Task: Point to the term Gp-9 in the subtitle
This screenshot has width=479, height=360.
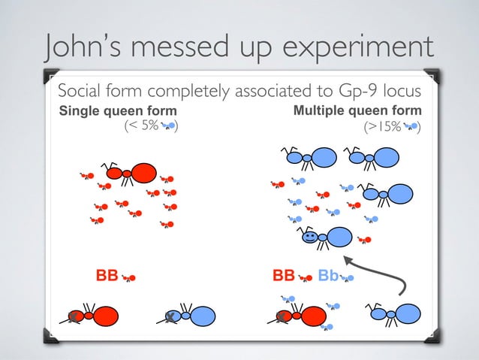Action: click(x=340, y=92)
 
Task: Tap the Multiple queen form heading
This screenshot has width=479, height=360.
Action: click(x=357, y=111)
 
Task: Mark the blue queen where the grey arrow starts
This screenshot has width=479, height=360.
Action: click(x=396, y=314)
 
